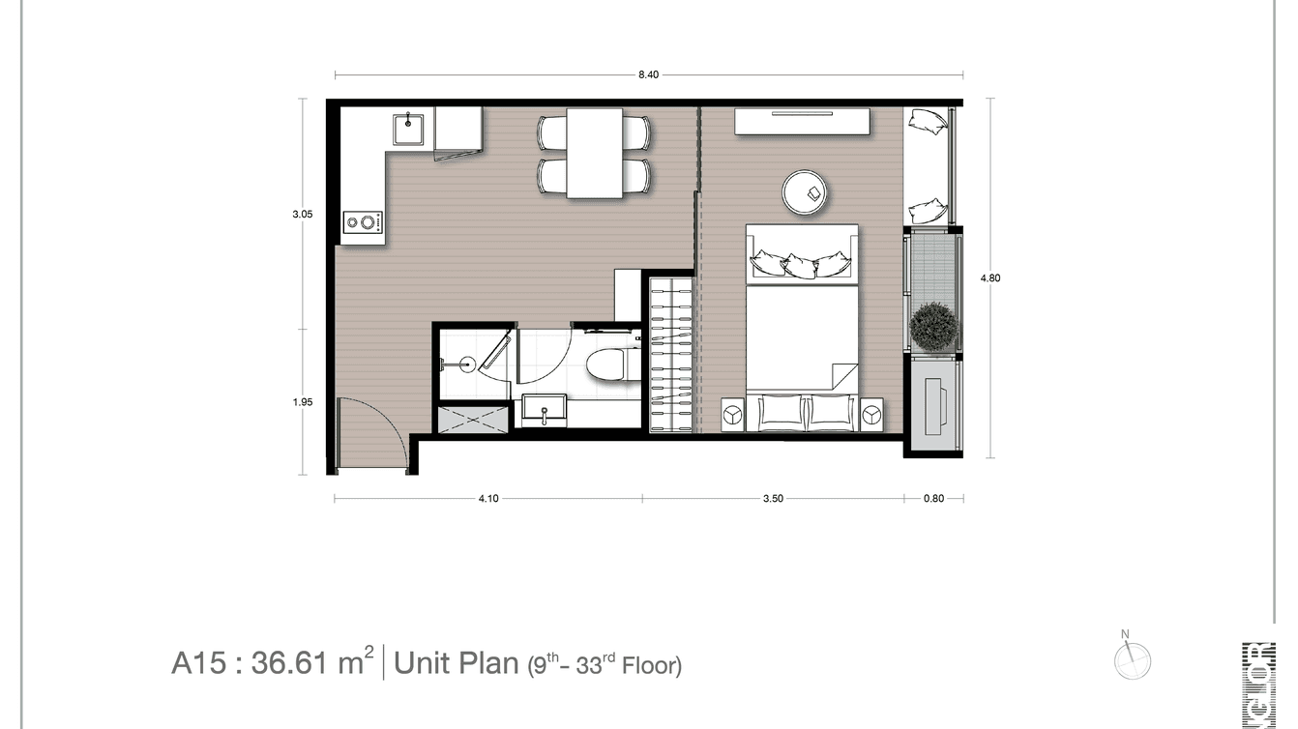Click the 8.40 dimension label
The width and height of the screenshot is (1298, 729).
[x=648, y=75]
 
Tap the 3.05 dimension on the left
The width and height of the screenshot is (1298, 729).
[x=303, y=215]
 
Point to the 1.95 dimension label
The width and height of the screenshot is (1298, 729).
[x=303, y=402]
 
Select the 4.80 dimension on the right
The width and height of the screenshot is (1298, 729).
[x=989, y=278]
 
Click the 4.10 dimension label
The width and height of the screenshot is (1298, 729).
[x=487, y=499]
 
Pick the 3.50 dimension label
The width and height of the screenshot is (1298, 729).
[x=773, y=499]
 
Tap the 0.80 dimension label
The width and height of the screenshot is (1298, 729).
[x=933, y=499]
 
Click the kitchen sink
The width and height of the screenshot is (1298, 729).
[x=409, y=128]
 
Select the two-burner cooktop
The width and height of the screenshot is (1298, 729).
[x=363, y=222]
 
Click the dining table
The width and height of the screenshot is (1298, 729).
[x=594, y=153]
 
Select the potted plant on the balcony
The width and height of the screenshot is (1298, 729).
[x=933, y=326]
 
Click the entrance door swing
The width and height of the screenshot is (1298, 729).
[x=372, y=433]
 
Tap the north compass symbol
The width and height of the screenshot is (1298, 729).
[x=1132, y=661]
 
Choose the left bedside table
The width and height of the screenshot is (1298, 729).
[x=732, y=414]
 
